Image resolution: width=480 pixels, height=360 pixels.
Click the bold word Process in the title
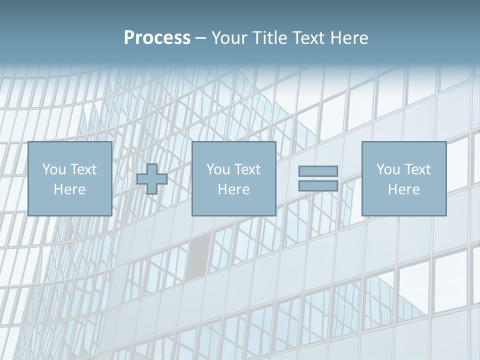coord(157,38)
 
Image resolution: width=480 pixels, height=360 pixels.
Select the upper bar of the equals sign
coord(318,171)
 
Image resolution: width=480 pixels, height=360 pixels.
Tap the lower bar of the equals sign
coord(318,186)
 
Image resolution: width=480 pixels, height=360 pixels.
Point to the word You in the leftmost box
coord(54,169)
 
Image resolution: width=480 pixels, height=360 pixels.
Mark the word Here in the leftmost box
coord(69,189)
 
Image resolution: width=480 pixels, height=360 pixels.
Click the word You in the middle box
coord(218,169)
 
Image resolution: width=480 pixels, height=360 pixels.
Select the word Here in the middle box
coord(233,189)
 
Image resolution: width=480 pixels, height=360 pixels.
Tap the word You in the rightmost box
coord(388,169)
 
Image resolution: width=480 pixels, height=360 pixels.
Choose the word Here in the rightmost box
coord(403,189)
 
